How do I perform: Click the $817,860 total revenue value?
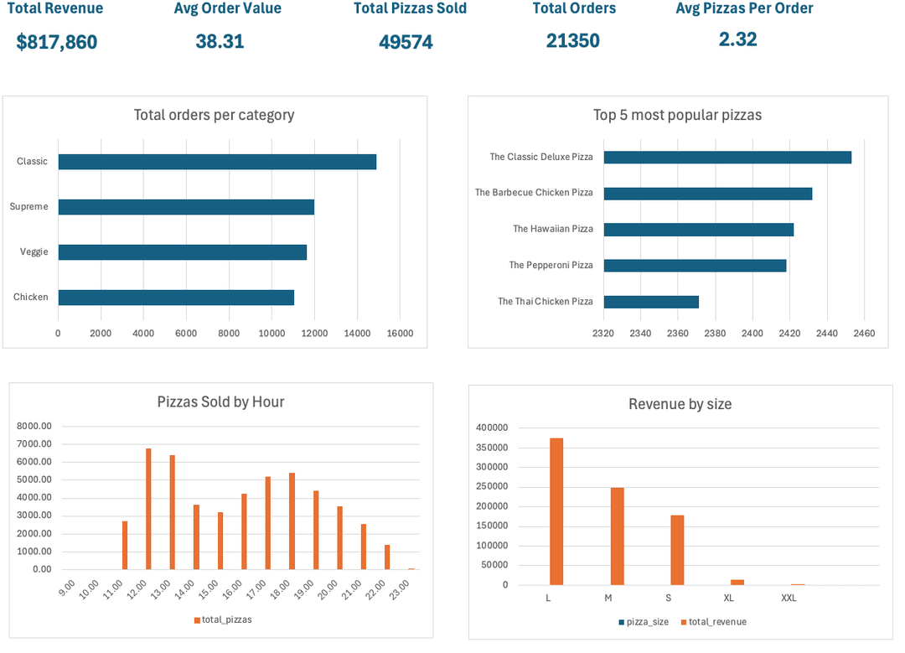57,42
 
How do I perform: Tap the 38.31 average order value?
220,41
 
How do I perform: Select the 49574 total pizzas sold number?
406,42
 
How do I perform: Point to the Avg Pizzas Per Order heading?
744,8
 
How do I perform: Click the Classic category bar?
217,162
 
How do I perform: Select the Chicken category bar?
176,298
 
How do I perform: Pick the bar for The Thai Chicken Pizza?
651,302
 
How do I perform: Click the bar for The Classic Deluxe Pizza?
727,158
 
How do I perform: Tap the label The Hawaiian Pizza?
553,229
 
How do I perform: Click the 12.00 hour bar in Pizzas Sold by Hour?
148,509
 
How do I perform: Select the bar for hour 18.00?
292,521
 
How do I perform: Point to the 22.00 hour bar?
387,557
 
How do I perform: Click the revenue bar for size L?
556,511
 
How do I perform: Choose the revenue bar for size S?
677,550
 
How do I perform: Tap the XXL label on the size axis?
789,599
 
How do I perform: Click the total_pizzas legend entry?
223,619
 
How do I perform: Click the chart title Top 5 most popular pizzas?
677,115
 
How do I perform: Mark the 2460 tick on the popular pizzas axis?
864,334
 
